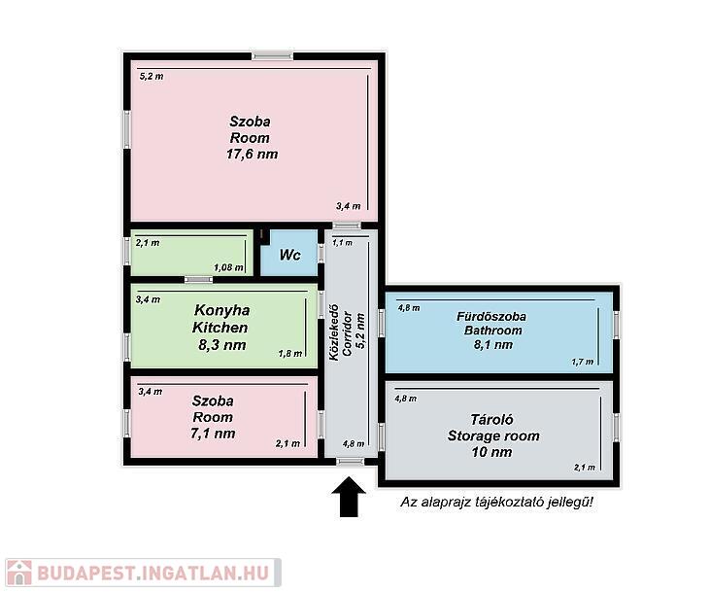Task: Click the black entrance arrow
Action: click(349, 496)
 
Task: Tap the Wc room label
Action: click(289, 255)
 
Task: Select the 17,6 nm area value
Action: click(252, 155)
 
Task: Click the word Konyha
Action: click(222, 310)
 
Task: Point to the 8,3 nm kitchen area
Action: click(222, 345)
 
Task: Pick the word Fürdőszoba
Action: click(491, 316)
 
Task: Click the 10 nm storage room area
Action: click(492, 452)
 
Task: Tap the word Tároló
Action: click(492, 420)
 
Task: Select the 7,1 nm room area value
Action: click(213, 434)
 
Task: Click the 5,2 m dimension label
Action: click(152, 77)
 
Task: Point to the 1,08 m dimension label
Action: click(229, 267)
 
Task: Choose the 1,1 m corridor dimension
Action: click(342, 243)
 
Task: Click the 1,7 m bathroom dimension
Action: click(583, 362)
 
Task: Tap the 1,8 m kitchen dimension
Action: click(290, 354)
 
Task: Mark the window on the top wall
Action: click(273, 56)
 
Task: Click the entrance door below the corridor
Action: click(351, 462)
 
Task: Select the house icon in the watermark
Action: click(19, 573)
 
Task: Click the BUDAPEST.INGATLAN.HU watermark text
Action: click(152, 573)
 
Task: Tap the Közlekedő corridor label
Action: click(334, 332)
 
